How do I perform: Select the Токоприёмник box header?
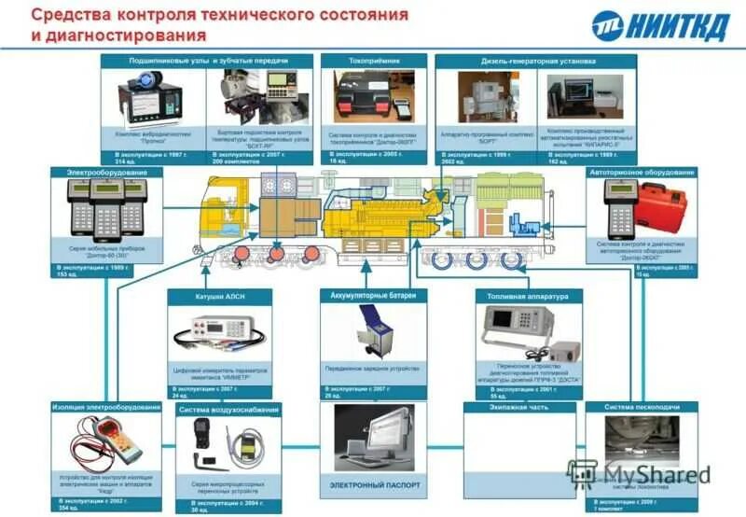pos(373,61)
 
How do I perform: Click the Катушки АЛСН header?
pos(220,296)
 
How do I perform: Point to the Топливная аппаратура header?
pos(528,296)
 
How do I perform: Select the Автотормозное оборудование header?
pos(642,173)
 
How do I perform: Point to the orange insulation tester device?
pos(117,437)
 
